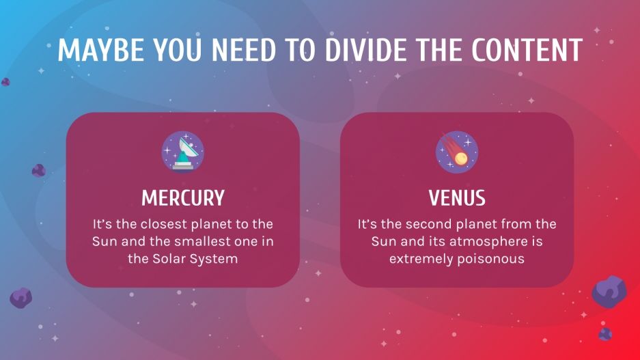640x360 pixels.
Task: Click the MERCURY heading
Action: (x=183, y=198)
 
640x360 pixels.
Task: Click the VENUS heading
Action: (x=457, y=198)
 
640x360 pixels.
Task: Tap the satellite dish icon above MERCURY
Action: (x=183, y=152)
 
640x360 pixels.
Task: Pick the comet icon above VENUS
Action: (x=457, y=152)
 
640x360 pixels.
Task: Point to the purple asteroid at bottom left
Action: (x=20, y=297)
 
